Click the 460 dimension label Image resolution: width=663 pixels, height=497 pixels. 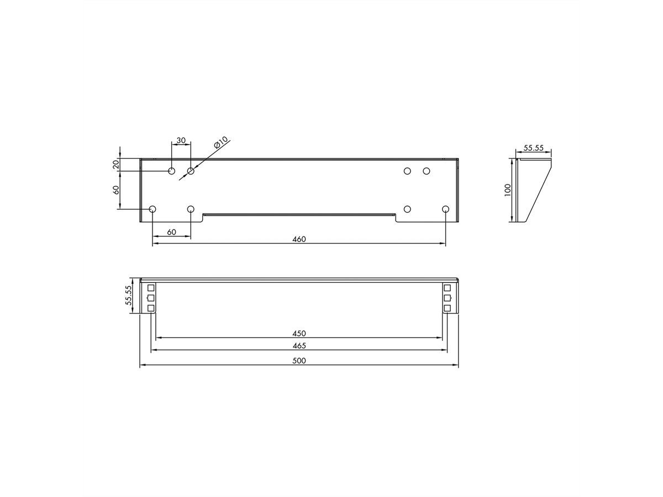click(x=298, y=239)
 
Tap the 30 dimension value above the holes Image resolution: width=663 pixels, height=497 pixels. click(x=181, y=140)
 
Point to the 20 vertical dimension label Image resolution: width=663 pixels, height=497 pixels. click(x=116, y=165)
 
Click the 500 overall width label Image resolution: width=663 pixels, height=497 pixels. click(x=299, y=361)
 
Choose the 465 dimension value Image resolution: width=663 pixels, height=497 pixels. click(x=299, y=346)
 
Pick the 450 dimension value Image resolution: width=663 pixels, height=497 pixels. click(x=299, y=333)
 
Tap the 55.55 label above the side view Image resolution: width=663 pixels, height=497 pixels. click(x=533, y=149)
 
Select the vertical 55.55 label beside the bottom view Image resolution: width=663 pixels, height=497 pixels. click(x=128, y=295)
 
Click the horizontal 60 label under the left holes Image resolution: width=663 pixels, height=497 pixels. click(x=171, y=232)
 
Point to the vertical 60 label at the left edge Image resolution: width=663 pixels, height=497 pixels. click(x=116, y=190)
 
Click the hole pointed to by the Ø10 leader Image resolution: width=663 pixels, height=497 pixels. click(x=191, y=171)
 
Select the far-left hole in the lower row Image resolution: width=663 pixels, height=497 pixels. click(x=153, y=209)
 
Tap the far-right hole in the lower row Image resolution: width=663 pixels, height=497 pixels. click(x=445, y=209)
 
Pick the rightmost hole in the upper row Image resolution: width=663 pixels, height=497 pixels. click(x=426, y=171)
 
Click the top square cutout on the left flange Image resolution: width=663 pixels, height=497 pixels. click(x=151, y=288)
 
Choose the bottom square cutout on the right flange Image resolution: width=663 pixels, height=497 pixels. click(x=448, y=308)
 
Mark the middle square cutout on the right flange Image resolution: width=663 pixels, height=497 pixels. click(x=448, y=298)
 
